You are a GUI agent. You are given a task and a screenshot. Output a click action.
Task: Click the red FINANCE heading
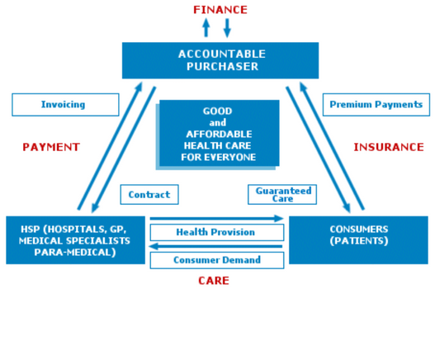[x=220, y=10]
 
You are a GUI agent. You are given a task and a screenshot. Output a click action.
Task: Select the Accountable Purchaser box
[x=220, y=60]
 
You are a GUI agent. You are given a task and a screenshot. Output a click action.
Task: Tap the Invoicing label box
[x=65, y=105]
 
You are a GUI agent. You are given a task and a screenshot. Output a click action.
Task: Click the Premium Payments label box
[x=376, y=105]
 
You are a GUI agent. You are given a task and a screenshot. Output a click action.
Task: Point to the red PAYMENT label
[x=51, y=147]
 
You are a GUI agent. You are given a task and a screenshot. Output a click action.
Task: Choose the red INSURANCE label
[x=389, y=147]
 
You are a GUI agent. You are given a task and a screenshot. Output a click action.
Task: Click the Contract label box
[x=149, y=195]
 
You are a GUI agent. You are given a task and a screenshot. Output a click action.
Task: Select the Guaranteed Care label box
[x=282, y=195]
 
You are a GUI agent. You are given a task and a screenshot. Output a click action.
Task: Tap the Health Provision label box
[x=217, y=232]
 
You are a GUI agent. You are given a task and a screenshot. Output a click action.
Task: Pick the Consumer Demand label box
[x=217, y=260]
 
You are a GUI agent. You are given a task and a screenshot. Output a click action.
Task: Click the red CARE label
[x=214, y=281]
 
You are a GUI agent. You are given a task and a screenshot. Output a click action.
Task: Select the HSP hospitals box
[x=75, y=240]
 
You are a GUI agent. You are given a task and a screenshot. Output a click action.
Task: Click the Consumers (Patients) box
[x=358, y=240]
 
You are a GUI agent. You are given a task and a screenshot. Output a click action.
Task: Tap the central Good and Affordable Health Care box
[x=220, y=133]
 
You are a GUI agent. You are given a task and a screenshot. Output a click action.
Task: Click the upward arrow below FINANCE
[x=206, y=28]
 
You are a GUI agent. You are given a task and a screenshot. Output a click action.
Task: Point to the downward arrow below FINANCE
[x=227, y=28]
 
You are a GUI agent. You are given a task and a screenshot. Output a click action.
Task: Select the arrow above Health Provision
[x=216, y=219]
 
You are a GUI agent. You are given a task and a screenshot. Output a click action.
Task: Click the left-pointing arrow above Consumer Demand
[x=215, y=246]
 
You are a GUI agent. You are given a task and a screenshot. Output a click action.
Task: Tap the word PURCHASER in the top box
[x=223, y=67]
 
